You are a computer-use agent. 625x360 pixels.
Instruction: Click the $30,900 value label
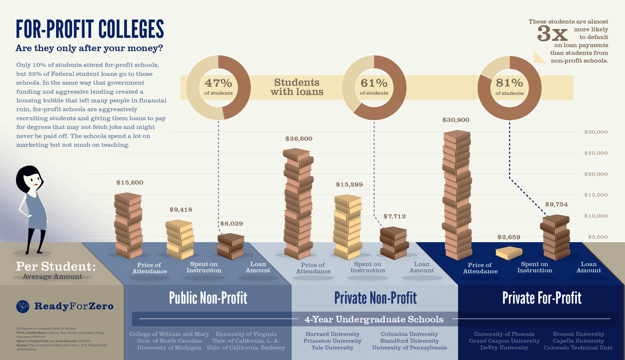coord(456,120)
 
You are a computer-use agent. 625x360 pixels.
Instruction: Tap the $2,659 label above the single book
coord(509,237)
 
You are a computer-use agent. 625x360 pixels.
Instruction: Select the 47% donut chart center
coord(218,87)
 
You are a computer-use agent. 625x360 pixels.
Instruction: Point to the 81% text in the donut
coord(509,83)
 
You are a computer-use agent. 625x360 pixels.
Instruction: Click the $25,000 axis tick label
coord(596,153)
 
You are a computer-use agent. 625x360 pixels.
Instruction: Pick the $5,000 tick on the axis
coord(598,237)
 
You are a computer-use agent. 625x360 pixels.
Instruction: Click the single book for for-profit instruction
coord(509,253)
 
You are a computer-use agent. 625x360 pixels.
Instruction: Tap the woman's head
coord(29,179)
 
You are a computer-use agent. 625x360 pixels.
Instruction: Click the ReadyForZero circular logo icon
coord(23,306)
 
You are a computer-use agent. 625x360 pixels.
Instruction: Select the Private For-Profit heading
coord(542,298)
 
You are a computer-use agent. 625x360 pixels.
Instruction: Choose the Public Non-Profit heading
coord(208,298)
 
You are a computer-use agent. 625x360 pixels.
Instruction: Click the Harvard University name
coord(332,334)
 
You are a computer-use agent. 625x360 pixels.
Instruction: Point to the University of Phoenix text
coord(504,334)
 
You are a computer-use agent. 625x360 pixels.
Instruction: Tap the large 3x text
coord(552,34)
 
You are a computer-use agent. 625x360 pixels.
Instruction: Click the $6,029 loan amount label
coord(232,224)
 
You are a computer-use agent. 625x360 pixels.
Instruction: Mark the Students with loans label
coord(297,87)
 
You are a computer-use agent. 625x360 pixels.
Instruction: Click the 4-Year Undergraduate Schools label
coord(374,319)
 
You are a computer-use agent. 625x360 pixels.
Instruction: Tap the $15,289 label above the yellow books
coord(349,185)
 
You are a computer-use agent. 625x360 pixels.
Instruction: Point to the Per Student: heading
coord(56,267)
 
